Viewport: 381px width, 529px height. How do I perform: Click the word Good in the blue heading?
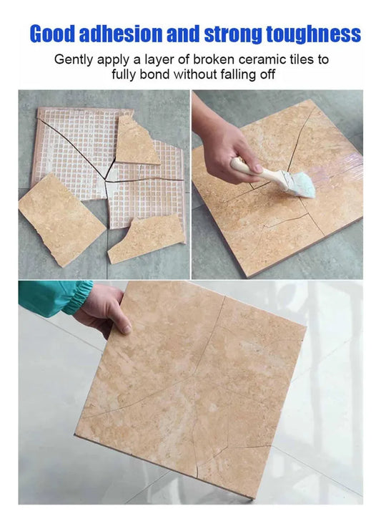(53, 34)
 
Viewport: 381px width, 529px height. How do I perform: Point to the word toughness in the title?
(314, 34)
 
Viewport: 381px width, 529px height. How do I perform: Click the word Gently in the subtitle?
(74, 59)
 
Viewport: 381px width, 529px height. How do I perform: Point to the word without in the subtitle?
(195, 74)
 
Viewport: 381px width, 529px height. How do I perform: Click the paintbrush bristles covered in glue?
(297, 184)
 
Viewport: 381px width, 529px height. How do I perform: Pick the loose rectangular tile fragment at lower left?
(61, 220)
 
